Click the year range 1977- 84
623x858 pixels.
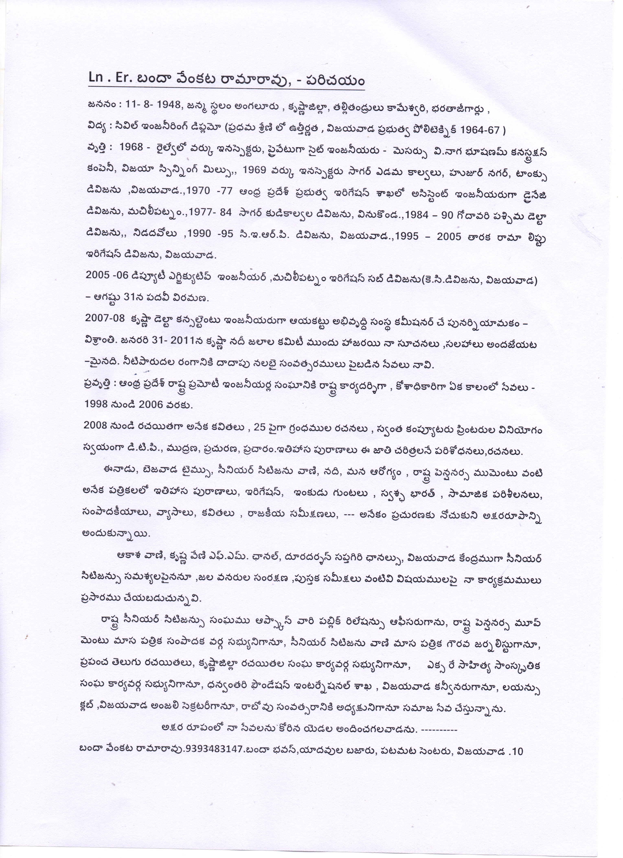pyautogui.click(x=210, y=214)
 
